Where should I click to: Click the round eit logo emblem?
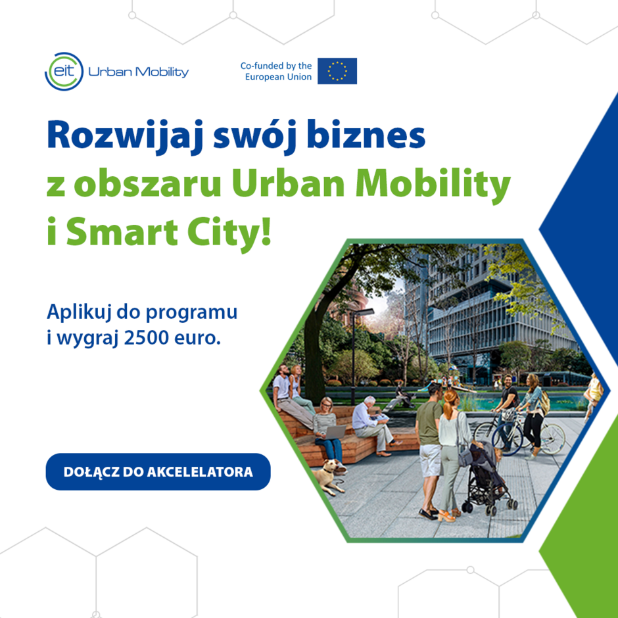coord(64,71)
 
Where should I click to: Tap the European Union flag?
coord(337,71)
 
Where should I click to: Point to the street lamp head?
coord(369,311)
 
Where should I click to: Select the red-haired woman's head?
coord(451,398)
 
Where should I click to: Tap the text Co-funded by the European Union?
coord(276,71)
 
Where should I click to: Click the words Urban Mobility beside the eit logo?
coord(138,72)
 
